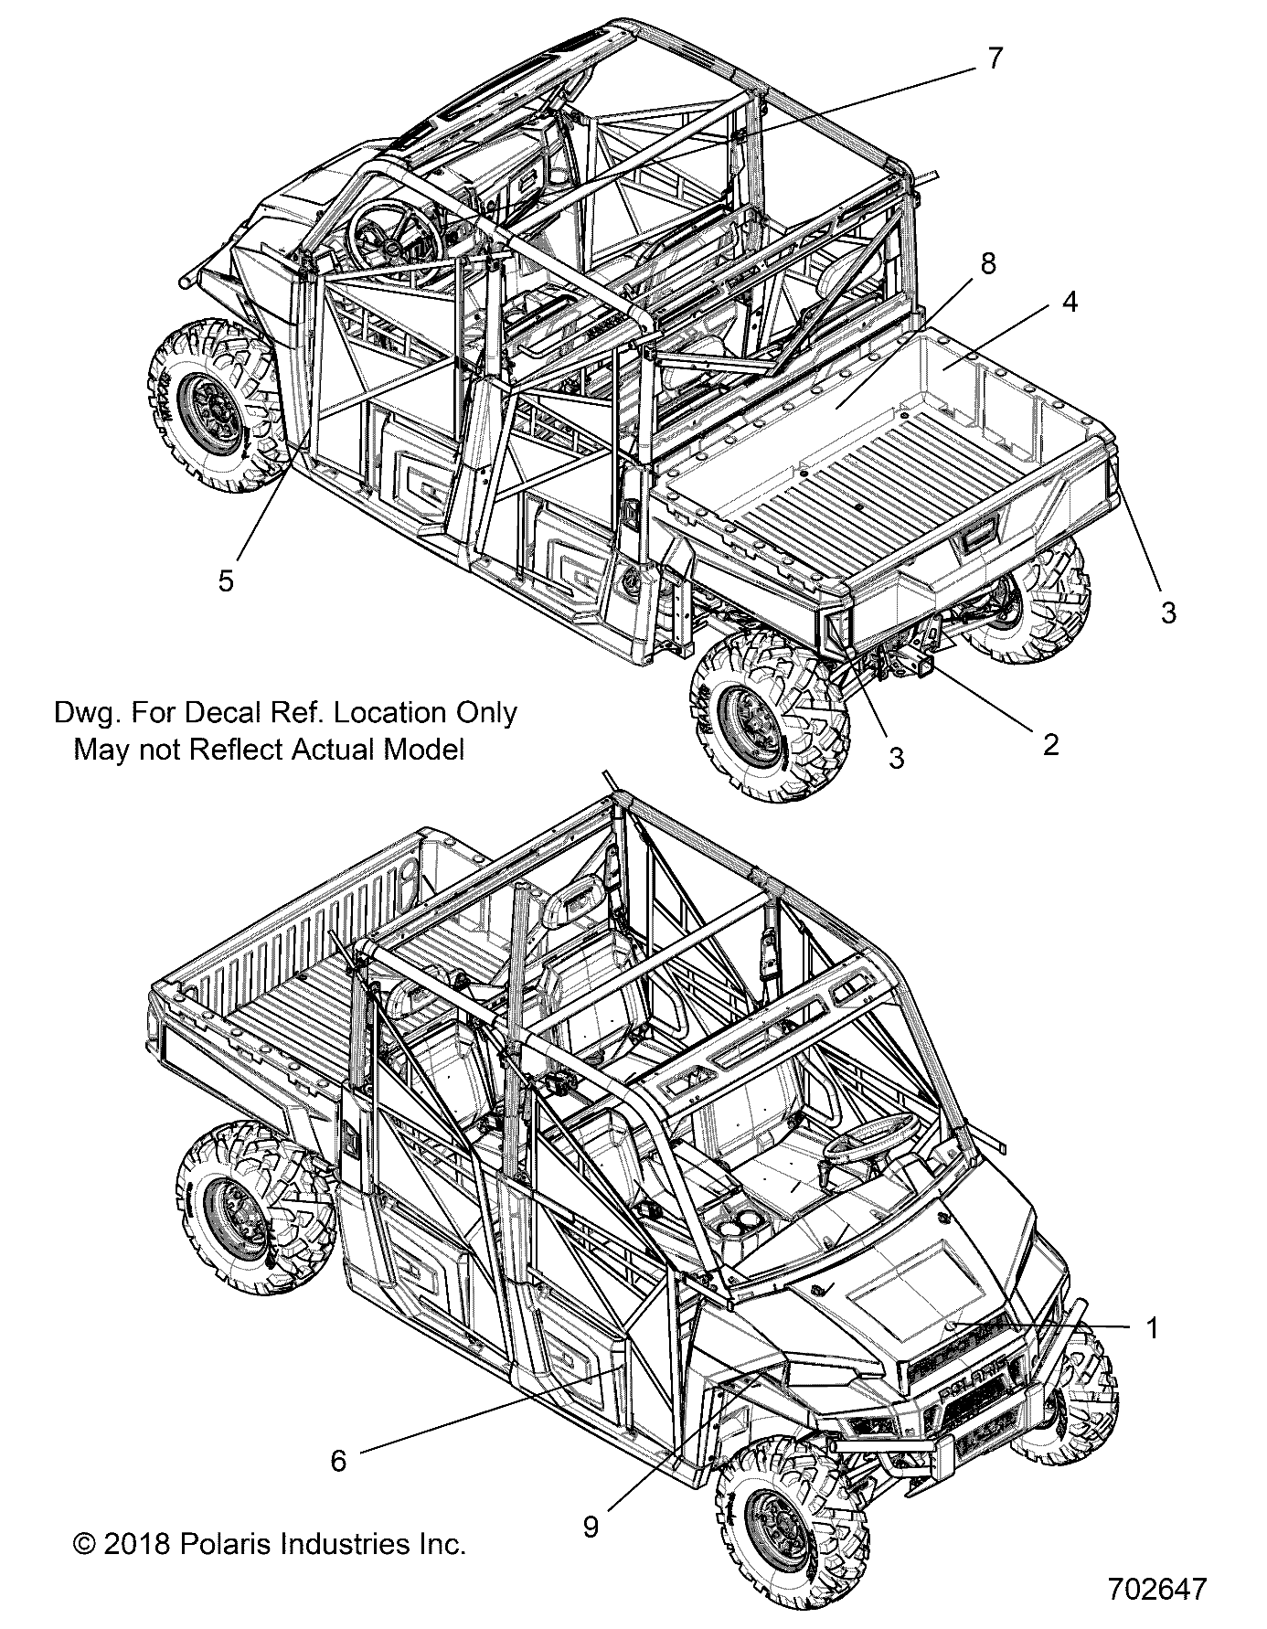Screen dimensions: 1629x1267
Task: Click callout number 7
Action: (995, 59)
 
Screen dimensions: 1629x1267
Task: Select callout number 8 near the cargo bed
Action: (986, 264)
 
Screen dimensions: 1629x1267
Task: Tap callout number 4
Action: (1070, 303)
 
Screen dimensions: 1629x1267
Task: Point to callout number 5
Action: (226, 580)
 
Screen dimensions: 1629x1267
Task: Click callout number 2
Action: (1050, 744)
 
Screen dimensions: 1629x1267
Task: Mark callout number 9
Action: (591, 1527)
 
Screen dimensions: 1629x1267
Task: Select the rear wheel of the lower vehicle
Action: (240, 1204)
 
